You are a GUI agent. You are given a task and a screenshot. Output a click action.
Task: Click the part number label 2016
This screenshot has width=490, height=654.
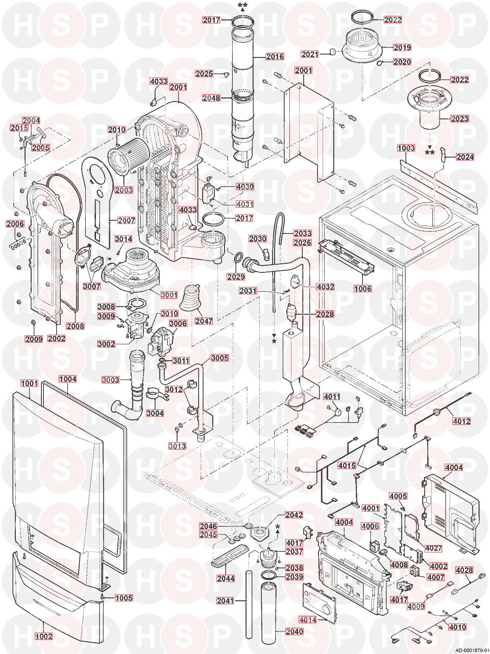[275, 57]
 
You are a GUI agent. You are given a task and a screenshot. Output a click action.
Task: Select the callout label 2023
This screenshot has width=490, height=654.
[459, 119]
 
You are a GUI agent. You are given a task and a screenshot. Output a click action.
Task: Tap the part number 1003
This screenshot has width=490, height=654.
[406, 148]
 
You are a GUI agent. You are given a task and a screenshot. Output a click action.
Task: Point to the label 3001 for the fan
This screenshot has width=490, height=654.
[169, 295]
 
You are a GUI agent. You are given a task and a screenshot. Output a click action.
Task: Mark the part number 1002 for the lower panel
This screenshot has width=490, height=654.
[44, 637]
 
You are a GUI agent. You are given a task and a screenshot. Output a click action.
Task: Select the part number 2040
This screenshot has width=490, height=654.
[294, 632]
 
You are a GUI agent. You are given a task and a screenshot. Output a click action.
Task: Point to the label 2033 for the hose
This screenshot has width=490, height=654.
[302, 233]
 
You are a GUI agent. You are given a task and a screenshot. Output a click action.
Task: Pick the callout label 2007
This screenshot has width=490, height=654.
[126, 221]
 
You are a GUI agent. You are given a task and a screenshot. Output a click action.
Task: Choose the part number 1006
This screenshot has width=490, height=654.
[362, 289]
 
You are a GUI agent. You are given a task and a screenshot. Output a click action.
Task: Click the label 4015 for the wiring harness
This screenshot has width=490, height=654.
[347, 465]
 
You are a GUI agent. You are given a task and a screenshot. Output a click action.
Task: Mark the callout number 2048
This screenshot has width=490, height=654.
[211, 98]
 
